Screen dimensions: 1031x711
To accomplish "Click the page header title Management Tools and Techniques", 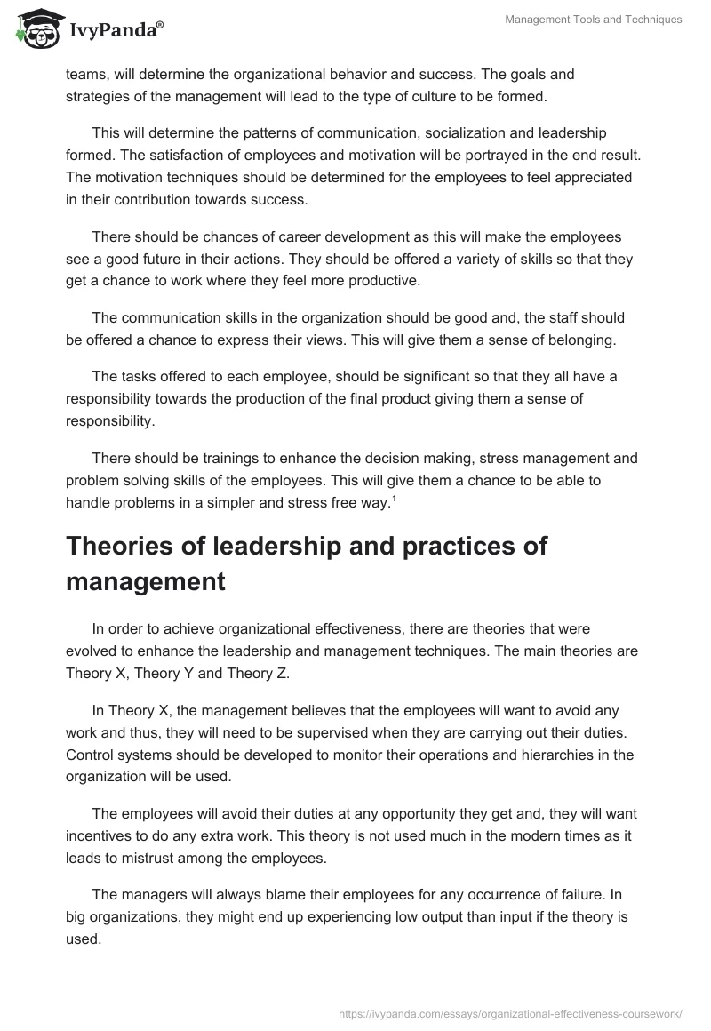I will tap(593, 20).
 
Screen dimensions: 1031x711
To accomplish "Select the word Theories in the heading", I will tap(121, 546).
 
